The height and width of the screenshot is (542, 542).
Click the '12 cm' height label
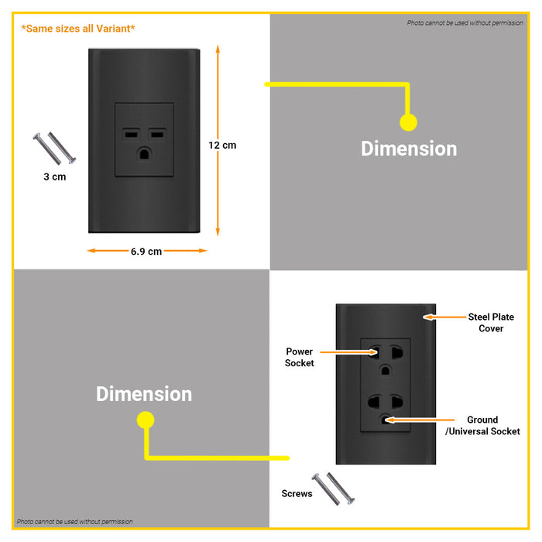222,145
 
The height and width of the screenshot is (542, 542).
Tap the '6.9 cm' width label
146,251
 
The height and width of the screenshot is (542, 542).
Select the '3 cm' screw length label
54,177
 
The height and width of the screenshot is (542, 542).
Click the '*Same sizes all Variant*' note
78,29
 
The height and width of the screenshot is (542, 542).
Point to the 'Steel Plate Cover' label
491,323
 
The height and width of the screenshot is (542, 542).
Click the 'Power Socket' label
300,357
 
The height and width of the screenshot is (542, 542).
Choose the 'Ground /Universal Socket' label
482,425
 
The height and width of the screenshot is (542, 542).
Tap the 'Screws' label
297,493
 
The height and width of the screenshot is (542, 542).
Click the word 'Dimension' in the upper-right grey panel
409,149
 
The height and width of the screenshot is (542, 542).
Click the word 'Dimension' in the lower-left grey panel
144,394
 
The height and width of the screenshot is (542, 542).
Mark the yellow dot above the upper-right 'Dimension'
408,122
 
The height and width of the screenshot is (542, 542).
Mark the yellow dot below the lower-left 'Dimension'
145,420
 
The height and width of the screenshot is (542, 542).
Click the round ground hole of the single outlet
144,153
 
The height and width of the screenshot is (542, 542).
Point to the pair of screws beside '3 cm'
55,147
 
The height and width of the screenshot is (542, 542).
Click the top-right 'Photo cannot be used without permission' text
465,23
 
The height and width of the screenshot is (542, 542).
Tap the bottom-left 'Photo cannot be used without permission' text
75,522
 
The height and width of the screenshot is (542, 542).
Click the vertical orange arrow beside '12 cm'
218,139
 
